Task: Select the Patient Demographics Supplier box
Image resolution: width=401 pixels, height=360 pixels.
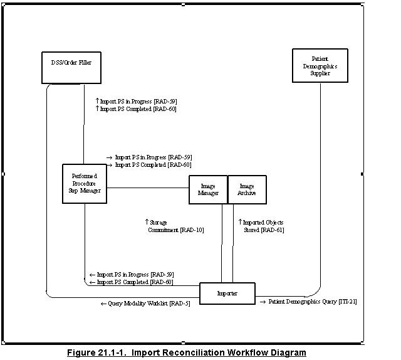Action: coord(320,65)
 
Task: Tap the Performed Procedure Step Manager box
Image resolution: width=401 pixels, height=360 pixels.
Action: coord(84,183)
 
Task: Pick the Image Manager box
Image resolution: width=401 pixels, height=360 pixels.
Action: coord(208,189)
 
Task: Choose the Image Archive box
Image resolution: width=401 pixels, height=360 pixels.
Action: coord(247,189)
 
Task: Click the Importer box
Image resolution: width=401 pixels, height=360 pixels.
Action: coord(227,294)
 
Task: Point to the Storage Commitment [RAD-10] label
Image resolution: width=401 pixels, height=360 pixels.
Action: coord(175,226)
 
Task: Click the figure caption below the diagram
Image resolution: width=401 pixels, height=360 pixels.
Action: coord(187,352)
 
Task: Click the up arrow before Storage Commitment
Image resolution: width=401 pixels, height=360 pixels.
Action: coord(147,222)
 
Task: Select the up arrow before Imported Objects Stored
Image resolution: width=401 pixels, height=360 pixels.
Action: coord(239,222)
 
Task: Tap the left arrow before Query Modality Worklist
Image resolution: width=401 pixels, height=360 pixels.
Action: coord(103,304)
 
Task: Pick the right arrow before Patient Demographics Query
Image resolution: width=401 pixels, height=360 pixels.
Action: coord(263,302)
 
